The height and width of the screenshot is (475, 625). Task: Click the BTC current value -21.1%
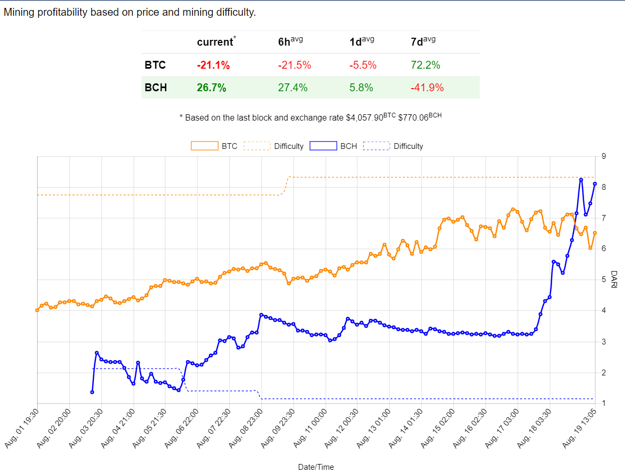click(x=213, y=65)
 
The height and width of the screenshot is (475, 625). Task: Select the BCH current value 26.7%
click(x=212, y=88)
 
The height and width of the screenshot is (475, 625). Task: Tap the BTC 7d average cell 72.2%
click(x=425, y=65)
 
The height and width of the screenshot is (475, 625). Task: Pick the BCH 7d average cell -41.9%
click(x=427, y=88)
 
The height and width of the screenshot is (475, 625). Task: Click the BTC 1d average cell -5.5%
click(x=363, y=65)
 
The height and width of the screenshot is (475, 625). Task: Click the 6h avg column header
click(x=290, y=42)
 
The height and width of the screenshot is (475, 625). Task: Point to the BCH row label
click(x=156, y=88)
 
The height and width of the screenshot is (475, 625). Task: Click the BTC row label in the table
click(x=155, y=65)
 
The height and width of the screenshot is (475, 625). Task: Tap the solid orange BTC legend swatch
click(x=204, y=146)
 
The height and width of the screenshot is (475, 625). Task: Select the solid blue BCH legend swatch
click(x=323, y=146)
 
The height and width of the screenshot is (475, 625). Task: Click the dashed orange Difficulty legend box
click(x=257, y=146)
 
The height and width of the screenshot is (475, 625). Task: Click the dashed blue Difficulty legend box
click(x=376, y=146)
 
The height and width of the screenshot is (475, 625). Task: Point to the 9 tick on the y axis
click(x=604, y=156)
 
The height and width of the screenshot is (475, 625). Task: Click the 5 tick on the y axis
click(x=604, y=279)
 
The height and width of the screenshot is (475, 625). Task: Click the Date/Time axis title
click(x=316, y=467)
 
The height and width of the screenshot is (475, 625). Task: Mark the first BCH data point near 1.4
click(x=92, y=392)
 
